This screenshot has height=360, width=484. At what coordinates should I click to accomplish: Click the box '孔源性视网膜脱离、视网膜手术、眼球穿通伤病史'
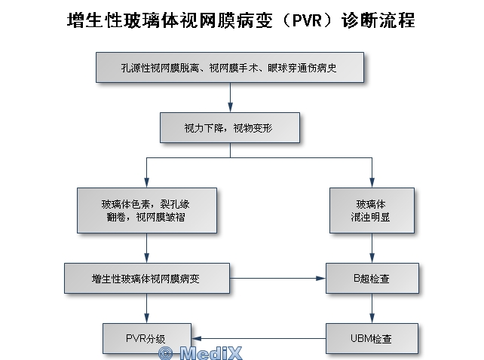[x=231, y=67]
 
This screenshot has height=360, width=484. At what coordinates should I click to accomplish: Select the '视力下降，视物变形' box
[x=229, y=128]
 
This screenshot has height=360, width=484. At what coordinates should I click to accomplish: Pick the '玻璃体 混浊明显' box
[x=372, y=210]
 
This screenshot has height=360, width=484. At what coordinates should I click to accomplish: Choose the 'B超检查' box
[x=372, y=278]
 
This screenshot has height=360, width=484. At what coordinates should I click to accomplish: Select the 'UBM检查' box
[x=372, y=338]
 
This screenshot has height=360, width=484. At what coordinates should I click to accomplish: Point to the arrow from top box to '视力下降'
[x=230, y=97]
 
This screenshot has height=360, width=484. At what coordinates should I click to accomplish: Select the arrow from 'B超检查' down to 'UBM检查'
[x=372, y=308]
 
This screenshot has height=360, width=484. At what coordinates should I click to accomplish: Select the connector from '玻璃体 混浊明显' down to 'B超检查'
[x=372, y=248]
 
